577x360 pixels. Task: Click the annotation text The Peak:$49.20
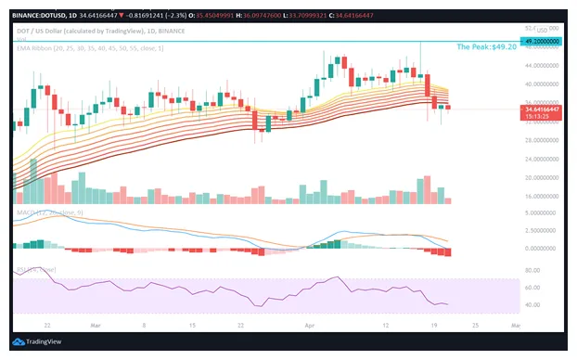486,46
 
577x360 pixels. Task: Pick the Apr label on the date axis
308,325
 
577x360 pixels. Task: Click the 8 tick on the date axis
144,325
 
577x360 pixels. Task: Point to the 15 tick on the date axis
190,325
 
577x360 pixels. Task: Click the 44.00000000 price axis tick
541,66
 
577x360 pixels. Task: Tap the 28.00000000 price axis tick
541,140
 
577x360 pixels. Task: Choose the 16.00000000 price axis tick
541,196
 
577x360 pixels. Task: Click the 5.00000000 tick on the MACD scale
541,213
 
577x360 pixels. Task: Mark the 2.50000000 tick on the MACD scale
541,231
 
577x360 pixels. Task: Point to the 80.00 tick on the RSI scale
532,270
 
